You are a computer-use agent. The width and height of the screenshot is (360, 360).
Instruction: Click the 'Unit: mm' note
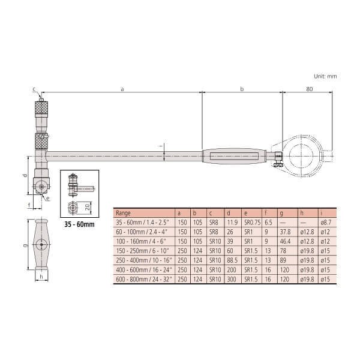click(325, 76)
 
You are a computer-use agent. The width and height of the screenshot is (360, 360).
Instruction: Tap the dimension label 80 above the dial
click(309, 89)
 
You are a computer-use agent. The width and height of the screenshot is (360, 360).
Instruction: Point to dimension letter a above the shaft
click(122, 89)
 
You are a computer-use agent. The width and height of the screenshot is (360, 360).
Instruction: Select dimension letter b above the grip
click(242, 89)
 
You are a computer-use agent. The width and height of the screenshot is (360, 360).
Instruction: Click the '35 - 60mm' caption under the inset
click(79, 224)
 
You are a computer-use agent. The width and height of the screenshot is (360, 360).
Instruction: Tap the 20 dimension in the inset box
click(87, 208)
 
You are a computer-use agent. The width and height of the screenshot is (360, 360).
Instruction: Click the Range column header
click(123, 213)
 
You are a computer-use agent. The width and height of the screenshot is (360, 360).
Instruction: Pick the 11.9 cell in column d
click(232, 222)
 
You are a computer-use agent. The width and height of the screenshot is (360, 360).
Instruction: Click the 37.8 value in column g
click(285, 232)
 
